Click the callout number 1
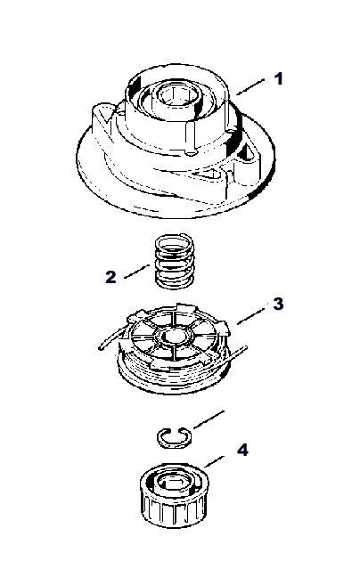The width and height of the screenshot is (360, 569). point(278,78)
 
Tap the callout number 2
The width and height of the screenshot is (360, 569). point(110,277)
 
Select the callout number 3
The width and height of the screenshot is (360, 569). point(278,304)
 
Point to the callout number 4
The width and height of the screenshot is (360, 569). point(242,450)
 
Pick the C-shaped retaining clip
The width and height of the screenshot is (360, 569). point(174,436)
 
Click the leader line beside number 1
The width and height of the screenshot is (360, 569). point(250,86)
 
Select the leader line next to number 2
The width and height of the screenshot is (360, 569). point(136,272)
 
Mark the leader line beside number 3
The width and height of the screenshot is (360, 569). point(250,316)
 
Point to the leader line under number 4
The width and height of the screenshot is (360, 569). point(215,461)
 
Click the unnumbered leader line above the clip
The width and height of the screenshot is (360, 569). point(209,419)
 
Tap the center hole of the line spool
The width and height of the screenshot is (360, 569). point(174,336)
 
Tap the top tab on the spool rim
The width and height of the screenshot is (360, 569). point(186,308)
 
